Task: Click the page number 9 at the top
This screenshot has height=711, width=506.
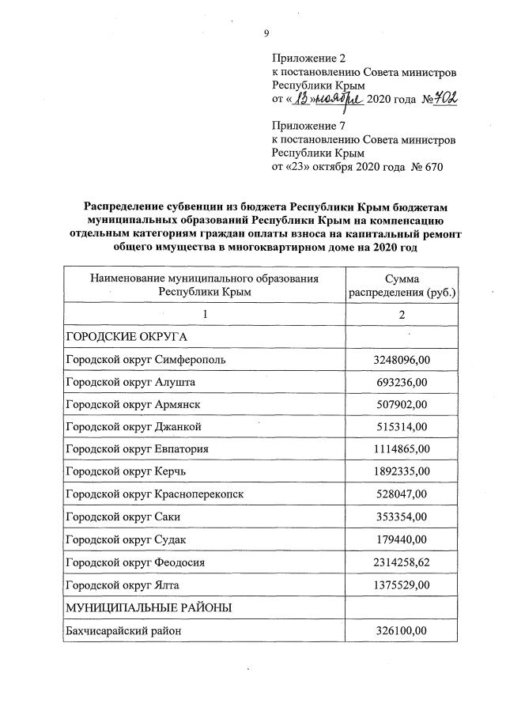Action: (266, 32)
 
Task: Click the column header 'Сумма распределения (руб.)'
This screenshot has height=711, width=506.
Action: (401, 286)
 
